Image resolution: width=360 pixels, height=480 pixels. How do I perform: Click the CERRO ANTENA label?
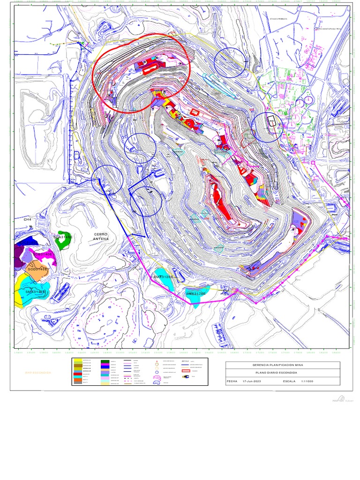tap(101, 236)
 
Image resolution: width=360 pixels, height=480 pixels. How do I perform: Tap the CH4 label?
tap(27, 219)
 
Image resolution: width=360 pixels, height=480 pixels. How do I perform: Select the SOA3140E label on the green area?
tap(63, 237)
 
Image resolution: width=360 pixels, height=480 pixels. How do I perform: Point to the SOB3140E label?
tap(42, 254)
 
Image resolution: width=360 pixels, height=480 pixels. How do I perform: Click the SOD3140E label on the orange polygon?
tap(37, 270)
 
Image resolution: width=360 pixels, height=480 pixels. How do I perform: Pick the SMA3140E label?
tap(36, 292)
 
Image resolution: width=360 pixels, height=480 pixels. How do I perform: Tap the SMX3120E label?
tap(164, 277)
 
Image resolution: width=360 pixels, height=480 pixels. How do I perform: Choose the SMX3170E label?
tap(196, 293)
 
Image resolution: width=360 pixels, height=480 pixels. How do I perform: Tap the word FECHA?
tap(232, 382)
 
